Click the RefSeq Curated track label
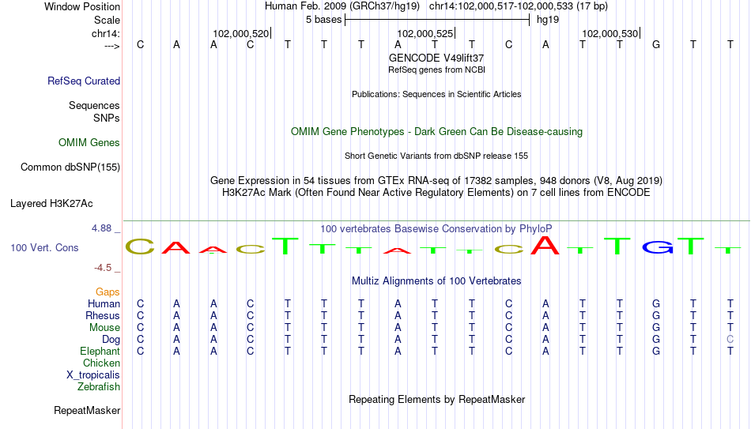(x=84, y=81)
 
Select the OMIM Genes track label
(x=89, y=143)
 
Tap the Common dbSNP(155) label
(x=70, y=167)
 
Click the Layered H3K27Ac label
(x=51, y=204)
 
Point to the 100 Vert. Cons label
(x=44, y=247)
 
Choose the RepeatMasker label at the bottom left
(x=87, y=410)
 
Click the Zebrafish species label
(x=99, y=386)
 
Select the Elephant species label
(x=100, y=351)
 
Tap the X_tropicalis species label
(x=93, y=375)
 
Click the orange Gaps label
(x=108, y=292)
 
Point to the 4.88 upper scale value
(x=101, y=228)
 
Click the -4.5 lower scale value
(x=103, y=268)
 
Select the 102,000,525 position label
(x=425, y=33)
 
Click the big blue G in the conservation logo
(x=657, y=247)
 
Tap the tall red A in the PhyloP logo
(x=545, y=245)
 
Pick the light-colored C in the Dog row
(x=730, y=339)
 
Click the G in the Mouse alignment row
(x=656, y=328)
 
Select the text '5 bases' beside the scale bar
(x=324, y=20)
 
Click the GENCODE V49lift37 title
(x=436, y=58)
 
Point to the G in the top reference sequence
(x=656, y=44)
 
